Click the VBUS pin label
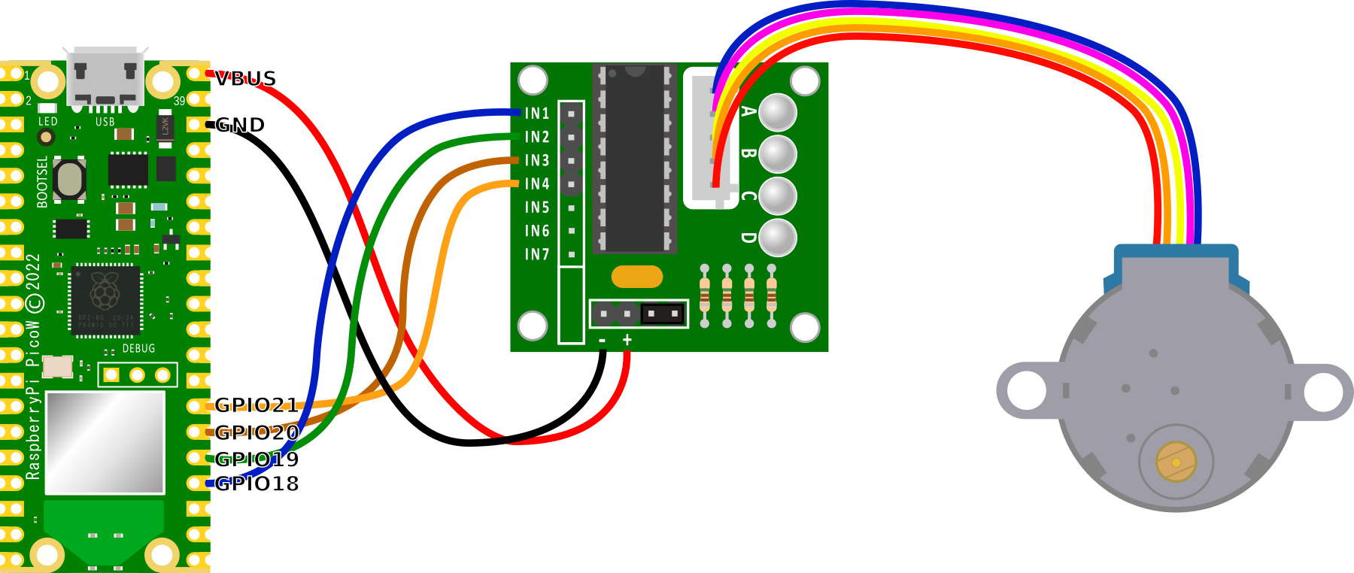(245, 78)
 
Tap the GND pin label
(240, 124)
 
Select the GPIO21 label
(257, 405)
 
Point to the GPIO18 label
(257, 484)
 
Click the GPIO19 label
(257, 459)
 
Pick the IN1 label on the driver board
(537, 114)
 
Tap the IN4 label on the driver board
(537, 183)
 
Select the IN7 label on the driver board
(537, 254)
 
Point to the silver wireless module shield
(105, 442)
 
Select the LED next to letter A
(778, 112)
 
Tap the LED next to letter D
(778, 238)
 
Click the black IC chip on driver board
(635, 158)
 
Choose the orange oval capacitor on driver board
(637, 277)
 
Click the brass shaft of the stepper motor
(1176, 461)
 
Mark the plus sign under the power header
(627, 341)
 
